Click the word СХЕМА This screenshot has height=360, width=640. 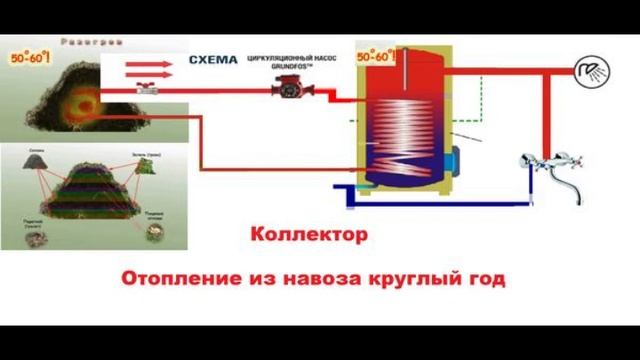coord(214,60)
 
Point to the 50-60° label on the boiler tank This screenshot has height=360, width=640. coord(375,57)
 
